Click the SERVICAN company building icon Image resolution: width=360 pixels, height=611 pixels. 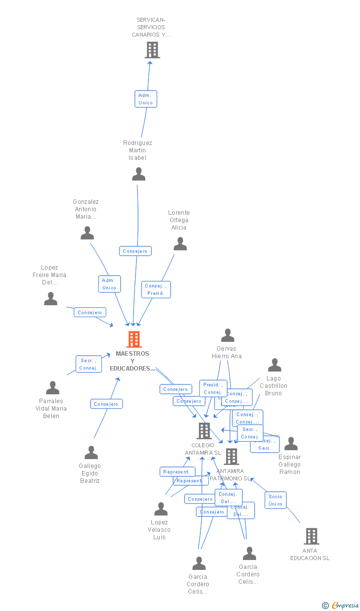click(x=152, y=50)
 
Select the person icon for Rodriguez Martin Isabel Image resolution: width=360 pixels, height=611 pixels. click(x=139, y=174)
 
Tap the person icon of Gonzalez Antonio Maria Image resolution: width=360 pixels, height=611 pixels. click(x=88, y=233)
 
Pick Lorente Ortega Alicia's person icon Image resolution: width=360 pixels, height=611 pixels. click(x=180, y=244)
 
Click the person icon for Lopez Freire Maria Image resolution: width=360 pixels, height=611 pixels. click(x=51, y=299)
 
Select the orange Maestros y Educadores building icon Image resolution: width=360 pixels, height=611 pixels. click(x=134, y=339)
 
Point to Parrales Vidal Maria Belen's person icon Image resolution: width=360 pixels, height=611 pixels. click(x=53, y=388)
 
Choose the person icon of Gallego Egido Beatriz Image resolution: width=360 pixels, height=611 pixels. click(x=91, y=453)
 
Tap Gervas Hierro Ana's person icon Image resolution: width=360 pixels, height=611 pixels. click(x=227, y=335)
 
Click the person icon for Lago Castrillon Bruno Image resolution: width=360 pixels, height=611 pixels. click(x=274, y=365)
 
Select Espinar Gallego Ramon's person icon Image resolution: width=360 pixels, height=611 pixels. click(x=291, y=444)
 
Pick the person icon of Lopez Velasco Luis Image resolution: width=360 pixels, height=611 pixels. click(x=161, y=509)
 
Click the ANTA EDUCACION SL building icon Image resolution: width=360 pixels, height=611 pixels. click(x=311, y=536)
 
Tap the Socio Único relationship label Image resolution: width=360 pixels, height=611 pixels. click(x=275, y=500)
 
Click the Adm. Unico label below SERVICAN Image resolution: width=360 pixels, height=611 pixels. click(x=146, y=99)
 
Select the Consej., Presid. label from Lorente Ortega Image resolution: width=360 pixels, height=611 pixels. click(x=156, y=289)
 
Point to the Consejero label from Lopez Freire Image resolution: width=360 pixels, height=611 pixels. click(x=90, y=312)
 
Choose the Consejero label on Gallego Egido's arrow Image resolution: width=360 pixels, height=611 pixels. click(x=106, y=404)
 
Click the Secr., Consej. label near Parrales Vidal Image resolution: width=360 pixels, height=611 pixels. click(x=88, y=364)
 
